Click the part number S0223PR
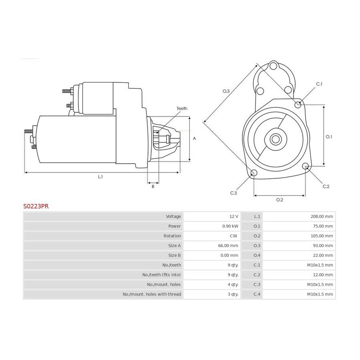pyautogui.click(x=36, y=206)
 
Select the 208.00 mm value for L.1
pyautogui.click(x=322, y=216)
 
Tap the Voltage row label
pyautogui.click(x=173, y=216)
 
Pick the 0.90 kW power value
pyautogui.click(x=230, y=226)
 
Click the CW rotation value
pyautogui.click(x=234, y=236)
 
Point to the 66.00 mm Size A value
pyautogui.click(x=228, y=246)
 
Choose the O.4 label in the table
pyautogui.click(x=257, y=255)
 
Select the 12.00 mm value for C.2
pyautogui.click(x=323, y=275)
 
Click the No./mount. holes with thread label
pyautogui.click(x=152, y=294)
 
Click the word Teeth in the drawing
pyautogui.click(x=182, y=108)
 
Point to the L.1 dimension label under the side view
pyautogui.click(x=100, y=177)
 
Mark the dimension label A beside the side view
pyautogui.click(x=194, y=138)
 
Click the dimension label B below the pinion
pyautogui.click(x=153, y=187)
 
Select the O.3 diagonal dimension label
pyautogui.click(x=226, y=91)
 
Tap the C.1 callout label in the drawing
pyautogui.click(x=319, y=84)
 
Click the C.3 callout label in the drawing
pyautogui.click(x=233, y=193)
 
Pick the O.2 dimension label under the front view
pyautogui.click(x=280, y=200)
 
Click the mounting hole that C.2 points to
pyautogui.click(x=305, y=166)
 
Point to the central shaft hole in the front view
pyautogui.click(x=276, y=139)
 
